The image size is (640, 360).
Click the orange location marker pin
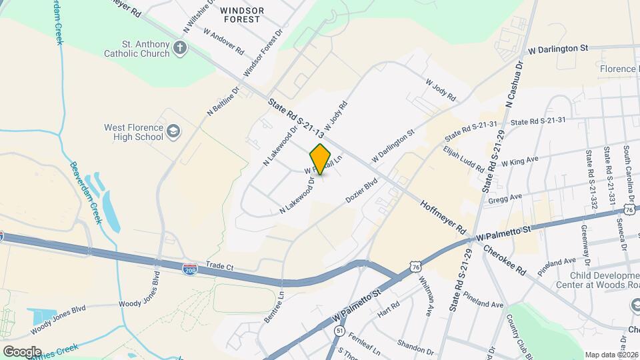(x=321, y=159)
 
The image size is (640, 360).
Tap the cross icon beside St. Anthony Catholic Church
(x=179, y=47)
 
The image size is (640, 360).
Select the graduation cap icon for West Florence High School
(x=173, y=131)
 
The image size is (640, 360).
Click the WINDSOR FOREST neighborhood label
(x=241, y=15)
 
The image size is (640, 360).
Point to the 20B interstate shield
(x=189, y=268)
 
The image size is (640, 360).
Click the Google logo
(x=21, y=351)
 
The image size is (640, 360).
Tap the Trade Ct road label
(x=219, y=265)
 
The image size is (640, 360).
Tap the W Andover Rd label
(x=224, y=41)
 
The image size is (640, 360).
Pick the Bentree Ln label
(x=274, y=307)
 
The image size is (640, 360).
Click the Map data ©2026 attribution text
(x=611, y=354)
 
